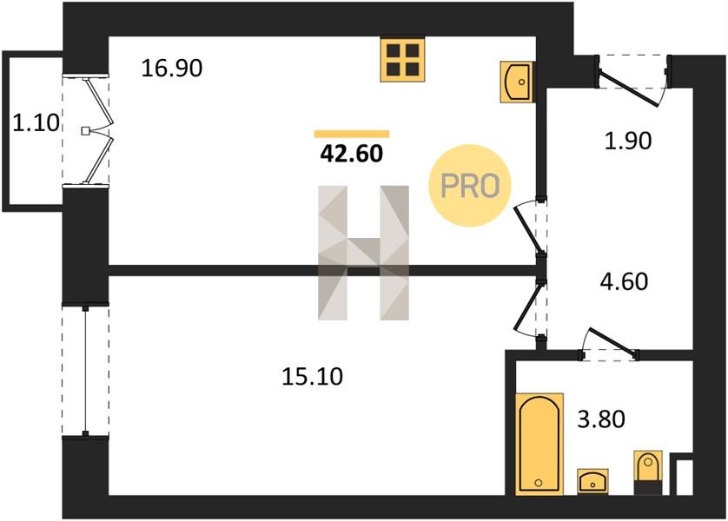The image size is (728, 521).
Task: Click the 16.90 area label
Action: pos(172,69)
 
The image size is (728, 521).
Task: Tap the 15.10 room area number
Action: pos(313,376)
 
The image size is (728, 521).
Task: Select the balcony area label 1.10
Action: pos(36,123)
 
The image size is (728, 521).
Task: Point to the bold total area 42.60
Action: pos(352,153)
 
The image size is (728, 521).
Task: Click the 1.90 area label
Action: pos(628,141)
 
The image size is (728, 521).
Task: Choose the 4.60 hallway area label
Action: pos(625,281)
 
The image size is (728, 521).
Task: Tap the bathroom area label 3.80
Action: pos(601,419)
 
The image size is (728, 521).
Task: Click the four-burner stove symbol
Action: pos(402,60)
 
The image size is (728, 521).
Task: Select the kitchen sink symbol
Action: pos(516,82)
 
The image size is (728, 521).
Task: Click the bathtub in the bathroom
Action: pos(539,444)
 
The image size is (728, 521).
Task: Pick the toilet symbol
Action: pos(648,472)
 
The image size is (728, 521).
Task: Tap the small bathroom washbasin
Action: pos(592,481)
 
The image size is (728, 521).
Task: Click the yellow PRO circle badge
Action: pos(469,186)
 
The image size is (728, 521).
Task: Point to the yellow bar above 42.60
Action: pos(352,134)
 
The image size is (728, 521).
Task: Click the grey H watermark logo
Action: pos(363,253)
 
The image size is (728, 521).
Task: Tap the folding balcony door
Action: pos(97,131)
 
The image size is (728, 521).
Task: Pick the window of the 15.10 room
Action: pos(85,371)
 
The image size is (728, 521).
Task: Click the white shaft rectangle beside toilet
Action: pos(685,478)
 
